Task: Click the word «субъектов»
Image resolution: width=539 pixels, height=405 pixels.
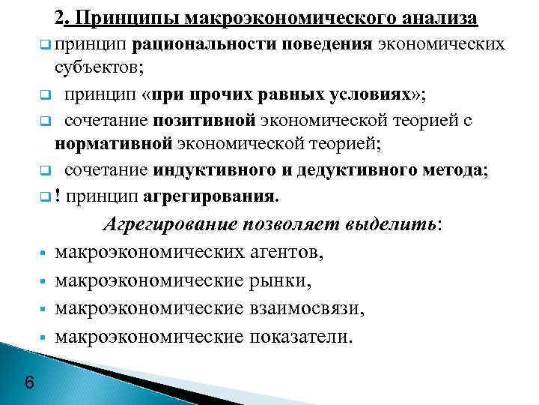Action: pos(99,69)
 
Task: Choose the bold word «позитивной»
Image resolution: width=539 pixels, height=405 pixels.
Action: pos(204,121)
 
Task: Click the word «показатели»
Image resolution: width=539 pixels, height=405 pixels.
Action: pos(302,336)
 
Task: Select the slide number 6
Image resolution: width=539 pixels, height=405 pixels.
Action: pos(28,383)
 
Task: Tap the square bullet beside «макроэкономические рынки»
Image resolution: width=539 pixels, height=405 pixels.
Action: pos(45,282)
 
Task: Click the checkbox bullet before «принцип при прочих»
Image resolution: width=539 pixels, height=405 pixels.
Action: pos(45,96)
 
